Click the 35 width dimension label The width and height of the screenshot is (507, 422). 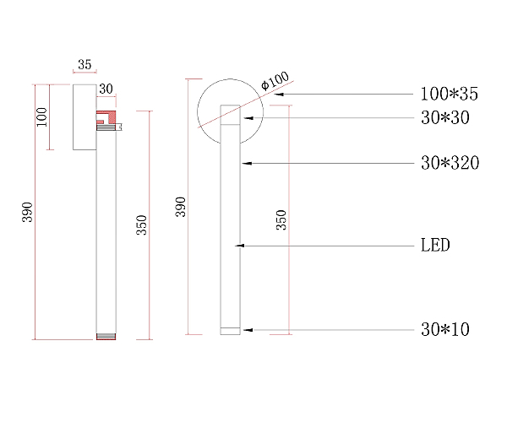click(84, 65)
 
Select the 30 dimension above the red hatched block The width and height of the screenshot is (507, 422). click(106, 89)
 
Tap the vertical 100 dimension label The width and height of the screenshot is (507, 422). click(41, 116)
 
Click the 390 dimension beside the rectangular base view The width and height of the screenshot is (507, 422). click(28, 212)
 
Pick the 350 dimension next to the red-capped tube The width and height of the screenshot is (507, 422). click(142, 225)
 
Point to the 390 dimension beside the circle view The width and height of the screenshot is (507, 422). click(181, 207)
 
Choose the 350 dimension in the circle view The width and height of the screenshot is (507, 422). click(281, 220)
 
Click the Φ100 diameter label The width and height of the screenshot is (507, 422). click(275, 80)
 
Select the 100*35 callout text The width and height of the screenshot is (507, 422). click(450, 94)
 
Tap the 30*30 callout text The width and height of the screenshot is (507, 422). click(445, 117)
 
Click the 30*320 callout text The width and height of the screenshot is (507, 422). click(450, 163)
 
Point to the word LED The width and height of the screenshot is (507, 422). click(435, 245)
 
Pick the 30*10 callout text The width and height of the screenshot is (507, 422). click(445, 330)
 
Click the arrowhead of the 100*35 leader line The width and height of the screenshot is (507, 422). click(279, 95)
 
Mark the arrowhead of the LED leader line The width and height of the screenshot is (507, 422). click(240, 246)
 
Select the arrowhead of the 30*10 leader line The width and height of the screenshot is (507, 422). click(248, 330)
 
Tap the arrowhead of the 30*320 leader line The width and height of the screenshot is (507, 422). click(247, 164)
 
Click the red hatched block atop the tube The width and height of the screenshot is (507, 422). click(106, 117)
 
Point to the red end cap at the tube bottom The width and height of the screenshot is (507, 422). click(106, 337)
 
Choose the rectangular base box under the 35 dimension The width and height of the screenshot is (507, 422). click(84, 117)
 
